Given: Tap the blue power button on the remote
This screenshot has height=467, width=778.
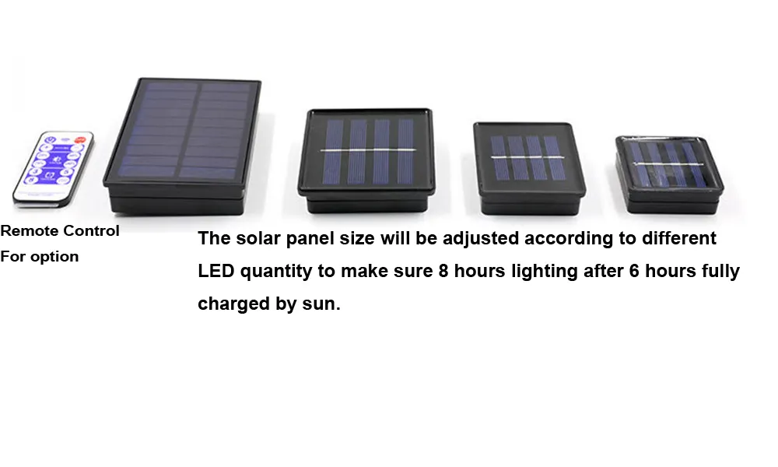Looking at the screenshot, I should click(x=50, y=142).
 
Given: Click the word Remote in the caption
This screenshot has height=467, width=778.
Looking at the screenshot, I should click(x=28, y=231).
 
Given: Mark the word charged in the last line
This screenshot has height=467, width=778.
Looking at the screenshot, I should click(x=231, y=304).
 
